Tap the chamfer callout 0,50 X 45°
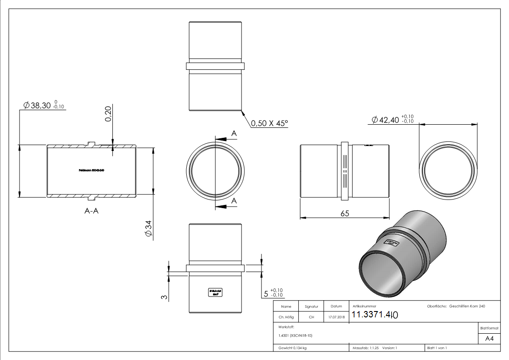coord(269,123)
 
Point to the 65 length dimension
coord(344,214)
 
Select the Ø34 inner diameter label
coord(148,229)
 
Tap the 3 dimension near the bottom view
coord(164,297)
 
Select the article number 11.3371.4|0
coord(374,315)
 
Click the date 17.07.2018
coord(336,317)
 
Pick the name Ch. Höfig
coord(286,317)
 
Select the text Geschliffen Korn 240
coord(467,306)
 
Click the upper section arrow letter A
coord(234,133)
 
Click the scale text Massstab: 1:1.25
coord(365,348)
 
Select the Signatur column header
coord(311,306)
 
